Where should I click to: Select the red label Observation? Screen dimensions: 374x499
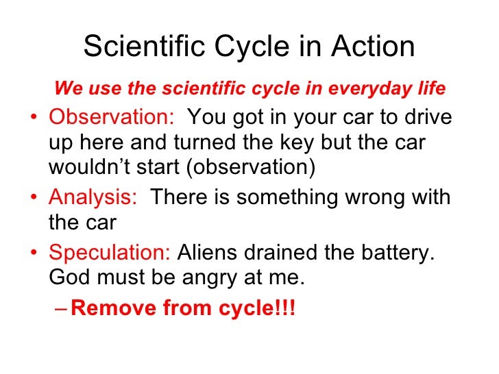(x=112, y=118)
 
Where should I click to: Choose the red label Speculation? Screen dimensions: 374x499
(x=110, y=253)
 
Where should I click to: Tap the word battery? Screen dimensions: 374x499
(x=400, y=253)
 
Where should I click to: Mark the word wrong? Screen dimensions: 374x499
(x=380, y=199)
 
